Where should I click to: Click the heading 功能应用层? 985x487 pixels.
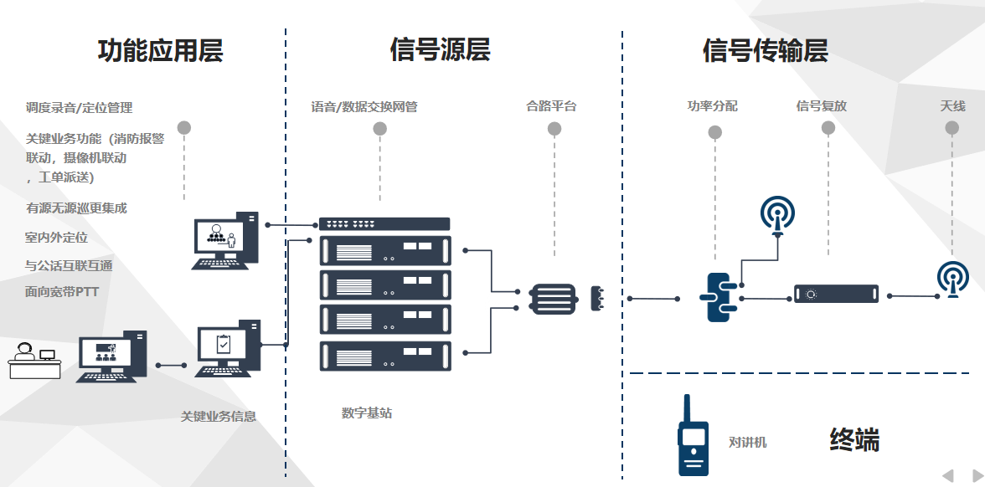click(161, 51)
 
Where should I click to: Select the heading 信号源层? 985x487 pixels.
click(440, 50)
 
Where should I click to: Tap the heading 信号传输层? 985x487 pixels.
click(765, 51)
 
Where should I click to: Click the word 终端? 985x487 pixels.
click(854, 439)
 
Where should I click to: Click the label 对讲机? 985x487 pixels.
click(747, 443)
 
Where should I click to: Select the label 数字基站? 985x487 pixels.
click(367, 413)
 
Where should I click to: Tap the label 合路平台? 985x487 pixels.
click(551, 106)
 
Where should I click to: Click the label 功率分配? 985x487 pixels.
click(712, 106)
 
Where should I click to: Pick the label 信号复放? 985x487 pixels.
click(821, 106)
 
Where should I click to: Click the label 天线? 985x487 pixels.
click(952, 106)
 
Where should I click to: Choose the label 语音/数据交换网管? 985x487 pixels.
click(364, 106)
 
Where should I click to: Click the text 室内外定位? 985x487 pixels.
click(56, 238)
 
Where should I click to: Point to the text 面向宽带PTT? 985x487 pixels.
click(62, 292)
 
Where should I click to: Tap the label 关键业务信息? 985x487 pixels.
click(219, 416)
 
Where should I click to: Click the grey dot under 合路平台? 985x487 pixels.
click(554, 129)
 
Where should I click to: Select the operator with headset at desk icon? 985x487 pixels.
click(34, 361)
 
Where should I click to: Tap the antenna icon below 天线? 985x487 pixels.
click(952, 279)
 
